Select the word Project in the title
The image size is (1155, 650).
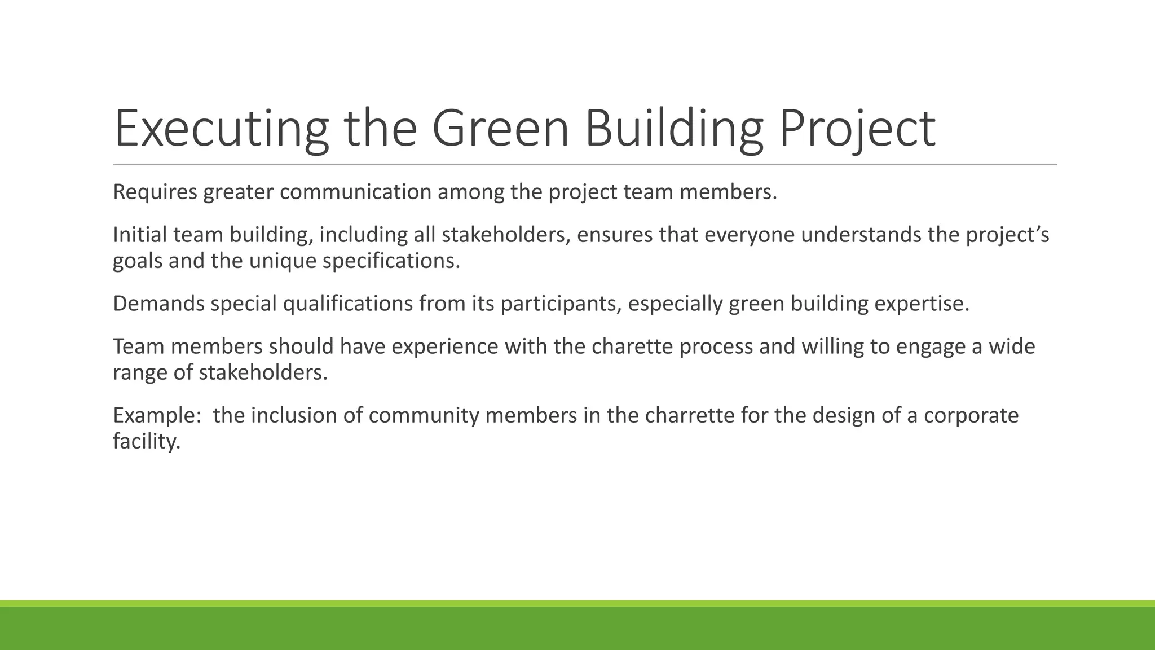[x=857, y=129]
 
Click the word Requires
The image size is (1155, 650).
[x=155, y=192]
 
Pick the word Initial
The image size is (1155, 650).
[x=140, y=235]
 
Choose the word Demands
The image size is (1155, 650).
[x=158, y=304]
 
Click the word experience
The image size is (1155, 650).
[x=444, y=346]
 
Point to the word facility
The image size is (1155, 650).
[x=146, y=441]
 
